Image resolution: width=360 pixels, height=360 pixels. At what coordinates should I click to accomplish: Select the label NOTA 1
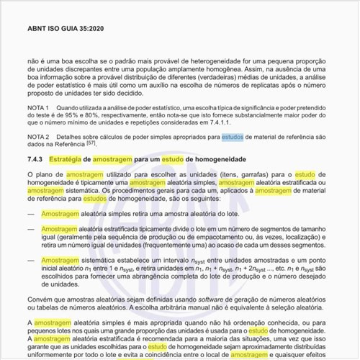click(38, 107)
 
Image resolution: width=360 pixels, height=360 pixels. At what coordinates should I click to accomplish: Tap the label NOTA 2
click(38, 136)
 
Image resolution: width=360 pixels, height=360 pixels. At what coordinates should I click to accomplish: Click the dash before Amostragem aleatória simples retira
click(30, 215)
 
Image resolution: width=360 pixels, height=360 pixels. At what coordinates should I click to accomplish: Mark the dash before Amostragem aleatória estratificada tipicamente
click(30, 230)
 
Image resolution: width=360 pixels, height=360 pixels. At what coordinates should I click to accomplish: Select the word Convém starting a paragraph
click(37, 298)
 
